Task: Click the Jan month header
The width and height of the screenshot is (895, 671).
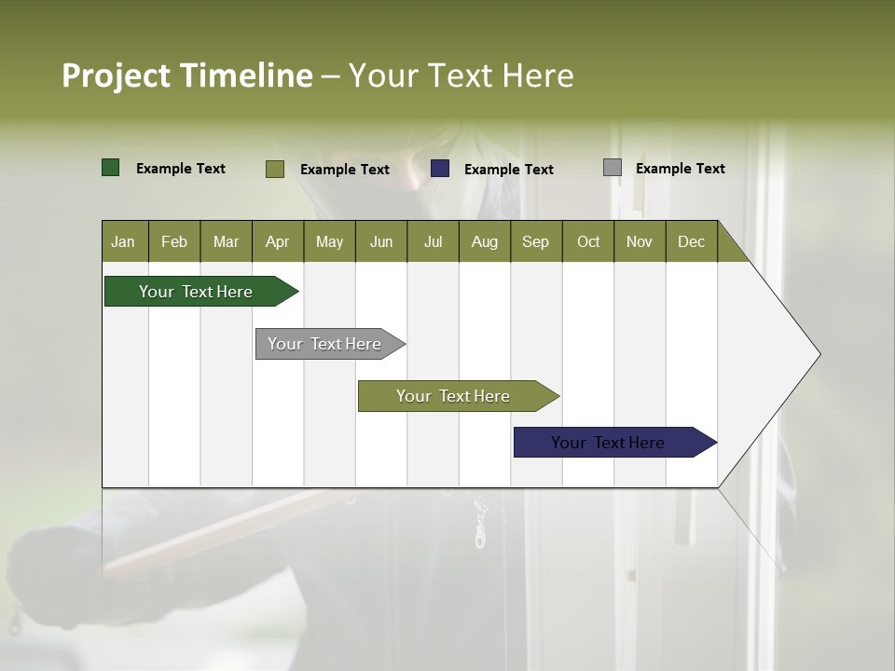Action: coord(123,241)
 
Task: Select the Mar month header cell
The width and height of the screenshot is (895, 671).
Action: coord(226,241)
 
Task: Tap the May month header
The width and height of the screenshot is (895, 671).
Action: coord(329,241)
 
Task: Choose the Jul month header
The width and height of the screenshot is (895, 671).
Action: coord(433,241)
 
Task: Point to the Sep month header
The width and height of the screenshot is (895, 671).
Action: coord(535,241)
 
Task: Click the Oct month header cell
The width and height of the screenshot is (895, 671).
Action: coord(588,241)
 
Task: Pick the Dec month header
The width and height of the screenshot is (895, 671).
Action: coord(691,241)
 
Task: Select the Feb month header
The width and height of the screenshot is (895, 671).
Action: coord(174,241)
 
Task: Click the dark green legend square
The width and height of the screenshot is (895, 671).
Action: coord(111,168)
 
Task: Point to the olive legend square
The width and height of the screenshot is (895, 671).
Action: coord(275,169)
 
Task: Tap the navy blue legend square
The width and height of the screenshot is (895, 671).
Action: coord(440,169)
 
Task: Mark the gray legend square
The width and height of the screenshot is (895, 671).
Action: coord(613,168)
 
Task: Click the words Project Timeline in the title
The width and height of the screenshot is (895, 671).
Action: coord(186,75)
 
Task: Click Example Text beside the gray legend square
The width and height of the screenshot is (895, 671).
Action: coord(680,169)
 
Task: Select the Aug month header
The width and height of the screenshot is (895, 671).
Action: coord(484,241)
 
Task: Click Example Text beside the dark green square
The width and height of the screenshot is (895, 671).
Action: coord(180,169)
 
